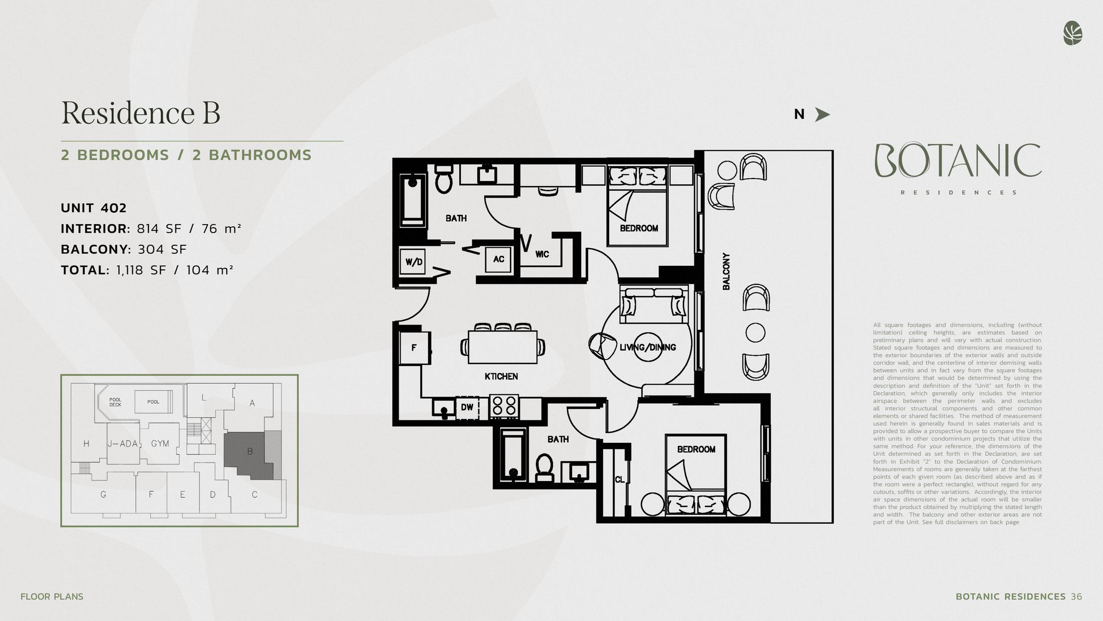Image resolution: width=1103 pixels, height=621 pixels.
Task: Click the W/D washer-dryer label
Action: [x=414, y=262]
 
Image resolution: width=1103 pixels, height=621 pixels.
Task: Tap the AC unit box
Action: [x=498, y=259]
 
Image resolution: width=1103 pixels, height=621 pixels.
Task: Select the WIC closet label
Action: [x=542, y=254]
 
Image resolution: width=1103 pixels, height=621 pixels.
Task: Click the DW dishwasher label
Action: [x=467, y=407]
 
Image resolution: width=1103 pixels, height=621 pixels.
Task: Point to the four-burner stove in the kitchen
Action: [x=504, y=406]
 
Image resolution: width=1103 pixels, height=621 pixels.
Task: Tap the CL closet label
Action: [x=620, y=480]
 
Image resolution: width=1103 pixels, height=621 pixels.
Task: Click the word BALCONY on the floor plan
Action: [x=726, y=271]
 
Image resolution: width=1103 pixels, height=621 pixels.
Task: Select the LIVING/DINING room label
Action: [x=648, y=347]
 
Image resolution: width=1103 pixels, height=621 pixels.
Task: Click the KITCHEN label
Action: [x=501, y=376]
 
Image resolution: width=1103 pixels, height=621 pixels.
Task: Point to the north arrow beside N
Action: [x=822, y=114]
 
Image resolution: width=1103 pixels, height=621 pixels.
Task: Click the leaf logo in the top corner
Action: [x=1072, y=33]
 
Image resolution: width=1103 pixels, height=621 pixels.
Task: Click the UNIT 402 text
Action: [x=94, y=208]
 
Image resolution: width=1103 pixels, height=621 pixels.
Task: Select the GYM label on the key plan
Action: [x=160, y=443]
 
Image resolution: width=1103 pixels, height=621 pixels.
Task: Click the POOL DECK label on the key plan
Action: [x=115, y=402]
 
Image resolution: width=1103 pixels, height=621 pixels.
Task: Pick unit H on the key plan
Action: [x=86, y=443]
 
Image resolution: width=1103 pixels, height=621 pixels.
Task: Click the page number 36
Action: [x=1076, y=596]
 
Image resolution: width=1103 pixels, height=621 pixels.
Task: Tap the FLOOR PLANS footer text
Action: [x=52, y=596]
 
